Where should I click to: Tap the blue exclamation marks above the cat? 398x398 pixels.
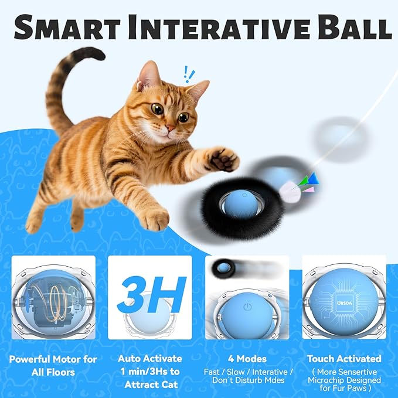189,74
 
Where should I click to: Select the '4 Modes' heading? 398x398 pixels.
247,358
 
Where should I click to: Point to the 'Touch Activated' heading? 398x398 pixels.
344,358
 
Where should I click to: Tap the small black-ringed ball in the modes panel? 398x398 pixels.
223,268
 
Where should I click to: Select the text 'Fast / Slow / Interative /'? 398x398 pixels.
247,372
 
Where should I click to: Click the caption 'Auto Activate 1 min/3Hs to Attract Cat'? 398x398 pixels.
149,371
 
